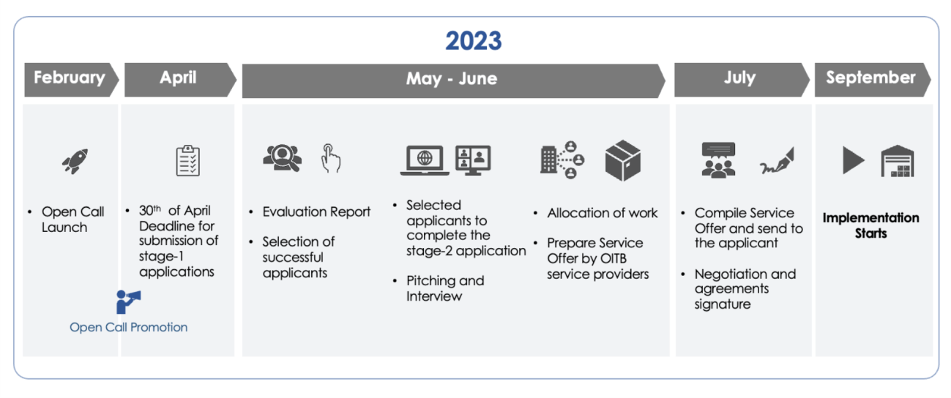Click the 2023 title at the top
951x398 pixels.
[474, 41]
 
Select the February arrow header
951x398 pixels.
[71, 80]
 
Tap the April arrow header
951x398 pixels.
[180, 80]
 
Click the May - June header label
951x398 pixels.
[451, 79]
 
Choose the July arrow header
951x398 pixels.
[742, 80]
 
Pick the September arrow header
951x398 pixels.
[873, 80]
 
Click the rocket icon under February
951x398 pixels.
[75, 161]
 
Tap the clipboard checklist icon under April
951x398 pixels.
[187, 160]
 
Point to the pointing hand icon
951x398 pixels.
[331, 158]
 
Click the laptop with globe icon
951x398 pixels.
[425, 160]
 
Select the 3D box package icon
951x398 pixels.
[623, 160]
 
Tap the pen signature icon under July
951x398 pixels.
[777, 161]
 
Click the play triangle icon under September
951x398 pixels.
[854, 160]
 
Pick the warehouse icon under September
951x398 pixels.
[898, 161]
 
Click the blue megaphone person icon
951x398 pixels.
[128, 301]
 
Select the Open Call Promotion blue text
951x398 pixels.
[128, 327]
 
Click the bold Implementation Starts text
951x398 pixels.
[870, 225]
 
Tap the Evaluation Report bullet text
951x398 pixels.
[316, 211]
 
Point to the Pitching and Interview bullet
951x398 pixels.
[445, 288]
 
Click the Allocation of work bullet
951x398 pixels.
[602, 213]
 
